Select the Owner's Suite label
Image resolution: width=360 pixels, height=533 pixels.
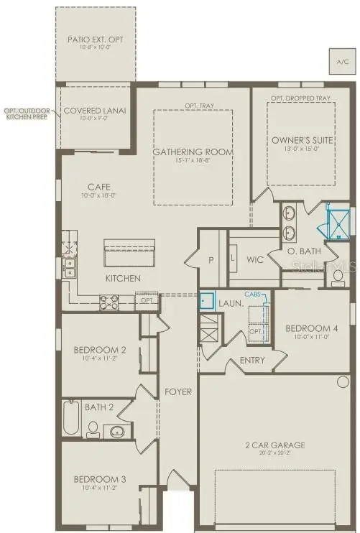click(302, 140)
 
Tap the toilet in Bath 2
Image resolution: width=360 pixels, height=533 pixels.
click(93, 430)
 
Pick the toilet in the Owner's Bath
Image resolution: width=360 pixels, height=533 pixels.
click(338, 277)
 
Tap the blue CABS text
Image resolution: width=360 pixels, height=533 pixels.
click(253, 294)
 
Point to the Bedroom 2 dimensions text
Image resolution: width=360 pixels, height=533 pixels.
click(101, 359)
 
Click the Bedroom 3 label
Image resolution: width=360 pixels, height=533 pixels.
click(101, 479)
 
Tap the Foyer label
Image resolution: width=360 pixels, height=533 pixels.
click(177, 392)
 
